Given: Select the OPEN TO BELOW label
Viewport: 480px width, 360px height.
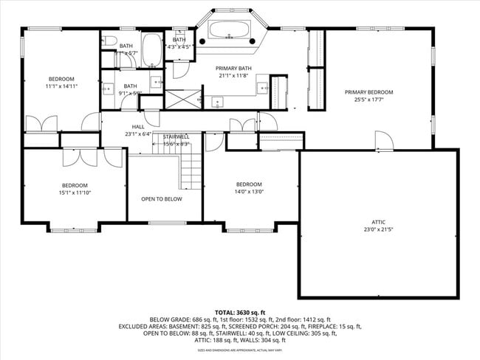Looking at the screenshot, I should [x=161, y=199].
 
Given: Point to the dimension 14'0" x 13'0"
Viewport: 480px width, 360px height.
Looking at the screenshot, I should [x=249, y=192].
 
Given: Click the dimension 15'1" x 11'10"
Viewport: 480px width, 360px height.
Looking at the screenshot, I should [x=74, y=193].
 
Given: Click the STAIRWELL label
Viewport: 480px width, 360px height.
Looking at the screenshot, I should [x=176, y=136].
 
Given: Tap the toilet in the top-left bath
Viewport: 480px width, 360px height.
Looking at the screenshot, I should [x=108, y=41].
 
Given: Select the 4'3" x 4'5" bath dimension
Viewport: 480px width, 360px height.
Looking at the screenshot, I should [x=179, y=47].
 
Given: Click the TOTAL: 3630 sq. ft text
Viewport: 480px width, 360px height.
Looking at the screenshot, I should [x=239, y=313].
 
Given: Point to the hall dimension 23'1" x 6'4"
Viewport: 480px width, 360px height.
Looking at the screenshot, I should [x=138, y=134].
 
